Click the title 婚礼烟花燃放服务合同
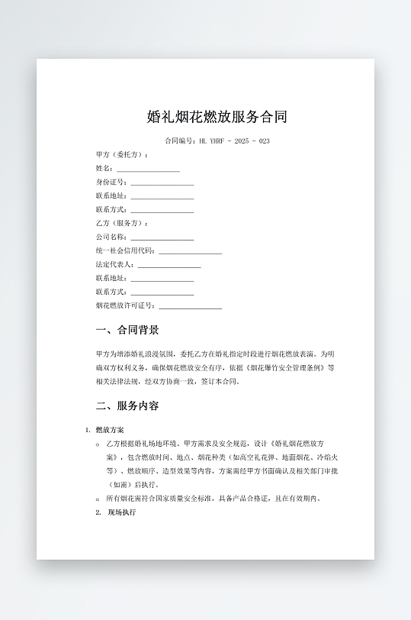click(x=217, y=118)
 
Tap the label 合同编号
click(x=180, y=141)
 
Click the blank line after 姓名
click(x=148, y=170)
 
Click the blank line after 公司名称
click(x=162, y=238)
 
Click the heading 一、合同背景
click(x=127, y=331)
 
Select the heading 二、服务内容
click(x=127, y=406)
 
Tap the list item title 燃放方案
click(x=110, y=431)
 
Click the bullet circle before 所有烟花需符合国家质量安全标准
click(x=98, y=499)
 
